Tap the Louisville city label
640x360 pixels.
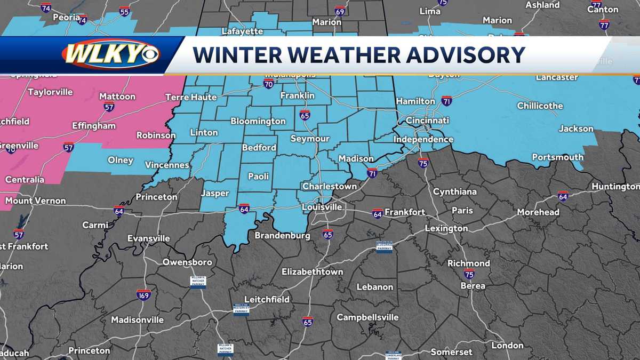coord(322,207)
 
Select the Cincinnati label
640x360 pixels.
coord(427,120)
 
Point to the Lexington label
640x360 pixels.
coord(446,228)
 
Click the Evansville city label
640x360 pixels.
coord(148,238)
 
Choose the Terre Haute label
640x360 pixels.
coord(191,97)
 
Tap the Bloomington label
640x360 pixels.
coord(258,121)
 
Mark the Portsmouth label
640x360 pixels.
coord(557,157)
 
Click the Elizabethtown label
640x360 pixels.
coord(313,271)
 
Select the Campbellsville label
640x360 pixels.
coord(367,317)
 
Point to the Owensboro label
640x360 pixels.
coord(187,262)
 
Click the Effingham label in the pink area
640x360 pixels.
coord(94,126)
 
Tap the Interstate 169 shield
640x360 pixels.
coord(143,294)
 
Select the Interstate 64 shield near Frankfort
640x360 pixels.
coord(377,213)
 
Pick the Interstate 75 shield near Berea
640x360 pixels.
coord(469,274)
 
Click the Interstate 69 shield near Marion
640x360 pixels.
coord(340,11)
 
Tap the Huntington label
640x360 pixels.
coord(615,187)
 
